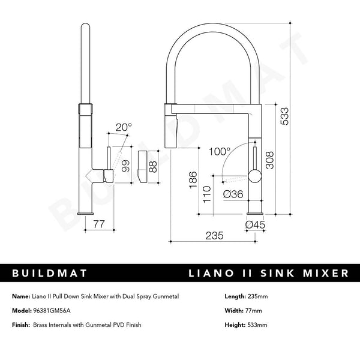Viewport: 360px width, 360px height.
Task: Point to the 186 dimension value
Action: click(x=191, y=179)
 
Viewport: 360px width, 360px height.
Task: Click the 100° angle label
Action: click(x=220, y=152)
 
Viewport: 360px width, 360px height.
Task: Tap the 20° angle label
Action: click(x=123, y=127)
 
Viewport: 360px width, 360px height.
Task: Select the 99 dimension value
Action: click(x=125, y=166)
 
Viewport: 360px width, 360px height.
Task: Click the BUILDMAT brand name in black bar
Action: click(x=50, y=274)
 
